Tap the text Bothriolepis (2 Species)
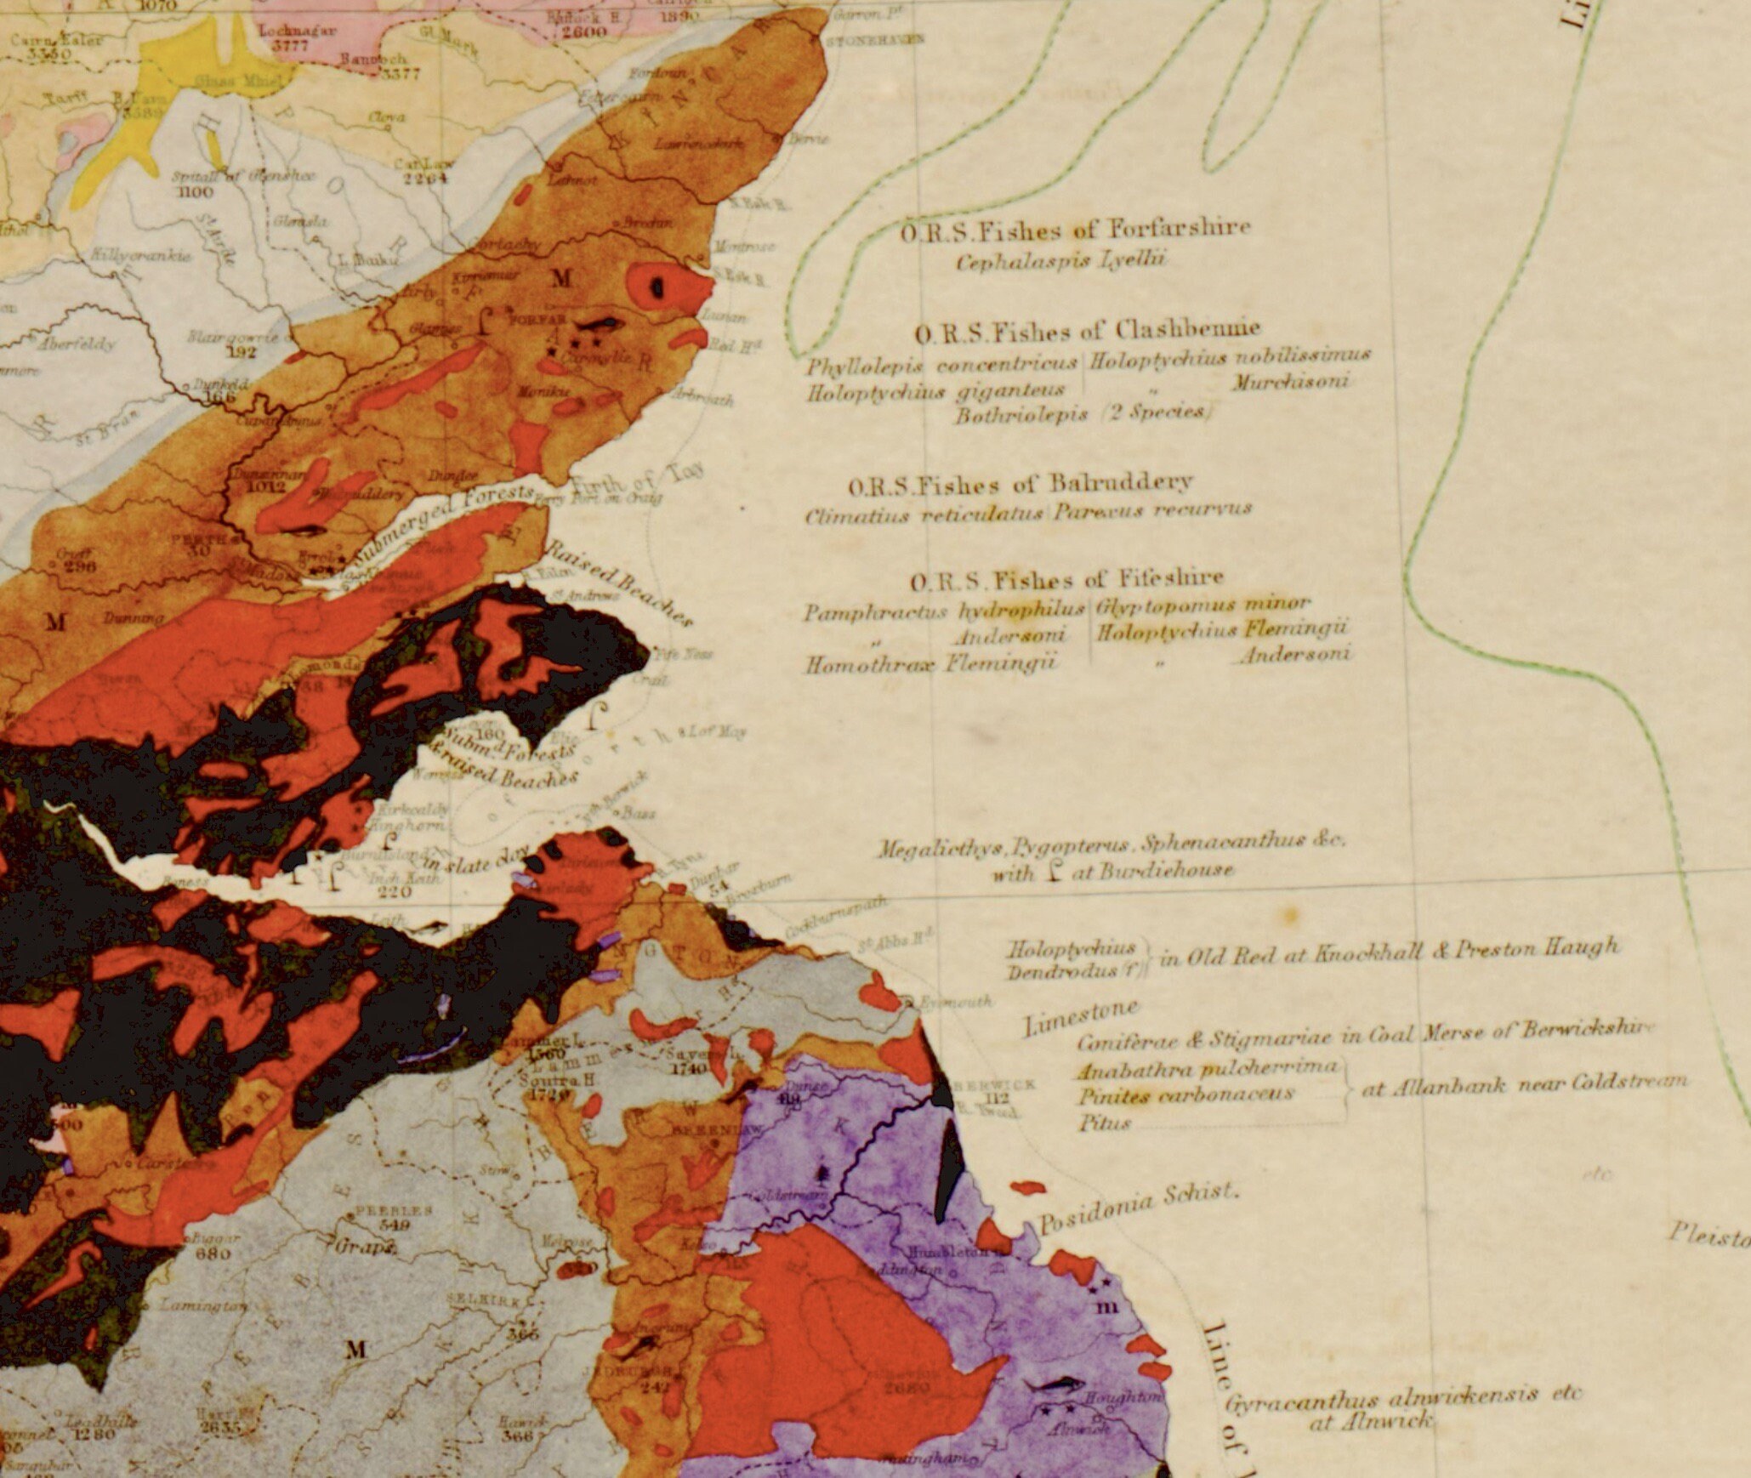[x=1080, y=414]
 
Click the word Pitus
[x=1106, y=1123]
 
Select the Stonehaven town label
[x=861, y=40]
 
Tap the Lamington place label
[x=203, y=1305]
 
